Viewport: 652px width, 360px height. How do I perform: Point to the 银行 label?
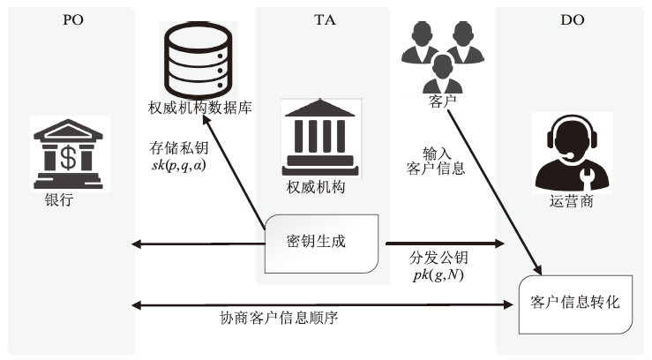click(58, 199)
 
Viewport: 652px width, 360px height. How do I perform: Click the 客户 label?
click(442, 101)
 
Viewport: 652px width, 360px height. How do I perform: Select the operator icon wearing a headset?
click(572, 153)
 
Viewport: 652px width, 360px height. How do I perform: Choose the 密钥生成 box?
click(324, 243)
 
